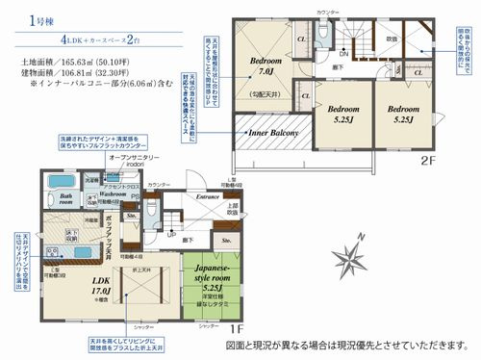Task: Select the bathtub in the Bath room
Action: tap(63, 183)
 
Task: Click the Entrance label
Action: tap(208, 198)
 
